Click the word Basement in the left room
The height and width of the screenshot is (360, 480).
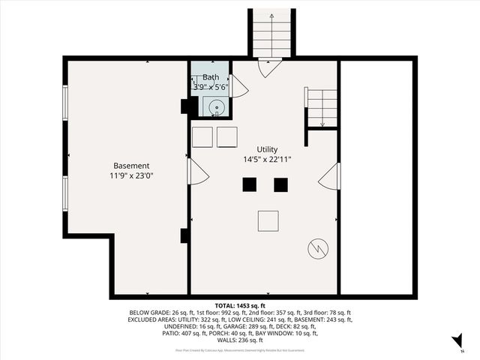pos(131,166)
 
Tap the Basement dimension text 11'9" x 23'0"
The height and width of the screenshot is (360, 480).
pos(131,175)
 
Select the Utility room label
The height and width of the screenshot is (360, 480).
pos(267,149)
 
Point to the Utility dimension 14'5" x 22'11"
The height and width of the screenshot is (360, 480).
pos(267,159)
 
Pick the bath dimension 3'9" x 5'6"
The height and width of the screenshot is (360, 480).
pos(209,87)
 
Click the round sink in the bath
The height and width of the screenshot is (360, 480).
pos(216,108)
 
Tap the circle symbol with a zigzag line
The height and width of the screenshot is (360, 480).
pos(317,247)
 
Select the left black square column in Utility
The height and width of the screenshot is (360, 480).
pos(249,184)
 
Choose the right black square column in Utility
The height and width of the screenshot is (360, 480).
pos(280,184)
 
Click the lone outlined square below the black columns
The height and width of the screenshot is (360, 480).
pos(268,221)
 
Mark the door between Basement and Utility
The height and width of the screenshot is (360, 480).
pos(196,172)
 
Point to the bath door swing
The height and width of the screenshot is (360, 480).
pos(238,87)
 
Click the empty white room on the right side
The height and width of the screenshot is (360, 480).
pos(376,177)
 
